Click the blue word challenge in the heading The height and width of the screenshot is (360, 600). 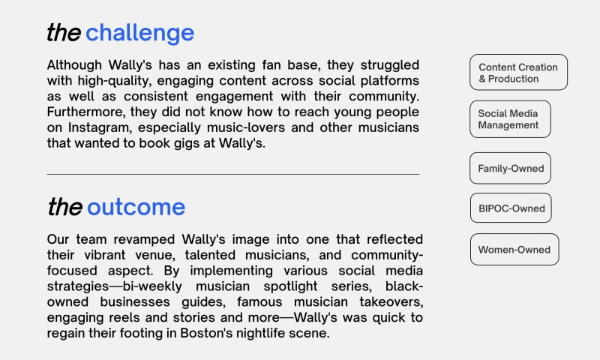pos(139,33)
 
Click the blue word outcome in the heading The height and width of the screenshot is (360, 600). pos(136,207)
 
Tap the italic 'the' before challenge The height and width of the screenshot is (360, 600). pos(64,33)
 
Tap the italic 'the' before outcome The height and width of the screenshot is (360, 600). pos(64,207)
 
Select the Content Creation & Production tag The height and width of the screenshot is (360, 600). pos(518,73)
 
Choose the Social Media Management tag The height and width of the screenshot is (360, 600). pos(510,119)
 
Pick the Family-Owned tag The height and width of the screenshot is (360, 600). pos(511,169)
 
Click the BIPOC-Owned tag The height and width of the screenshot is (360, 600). pos(511,208)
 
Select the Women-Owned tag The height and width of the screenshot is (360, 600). pos(514,250)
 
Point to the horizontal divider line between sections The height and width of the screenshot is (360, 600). pos(232,175)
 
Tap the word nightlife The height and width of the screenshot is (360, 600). pos(261,333)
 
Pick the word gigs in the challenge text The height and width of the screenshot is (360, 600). pos(170,143)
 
